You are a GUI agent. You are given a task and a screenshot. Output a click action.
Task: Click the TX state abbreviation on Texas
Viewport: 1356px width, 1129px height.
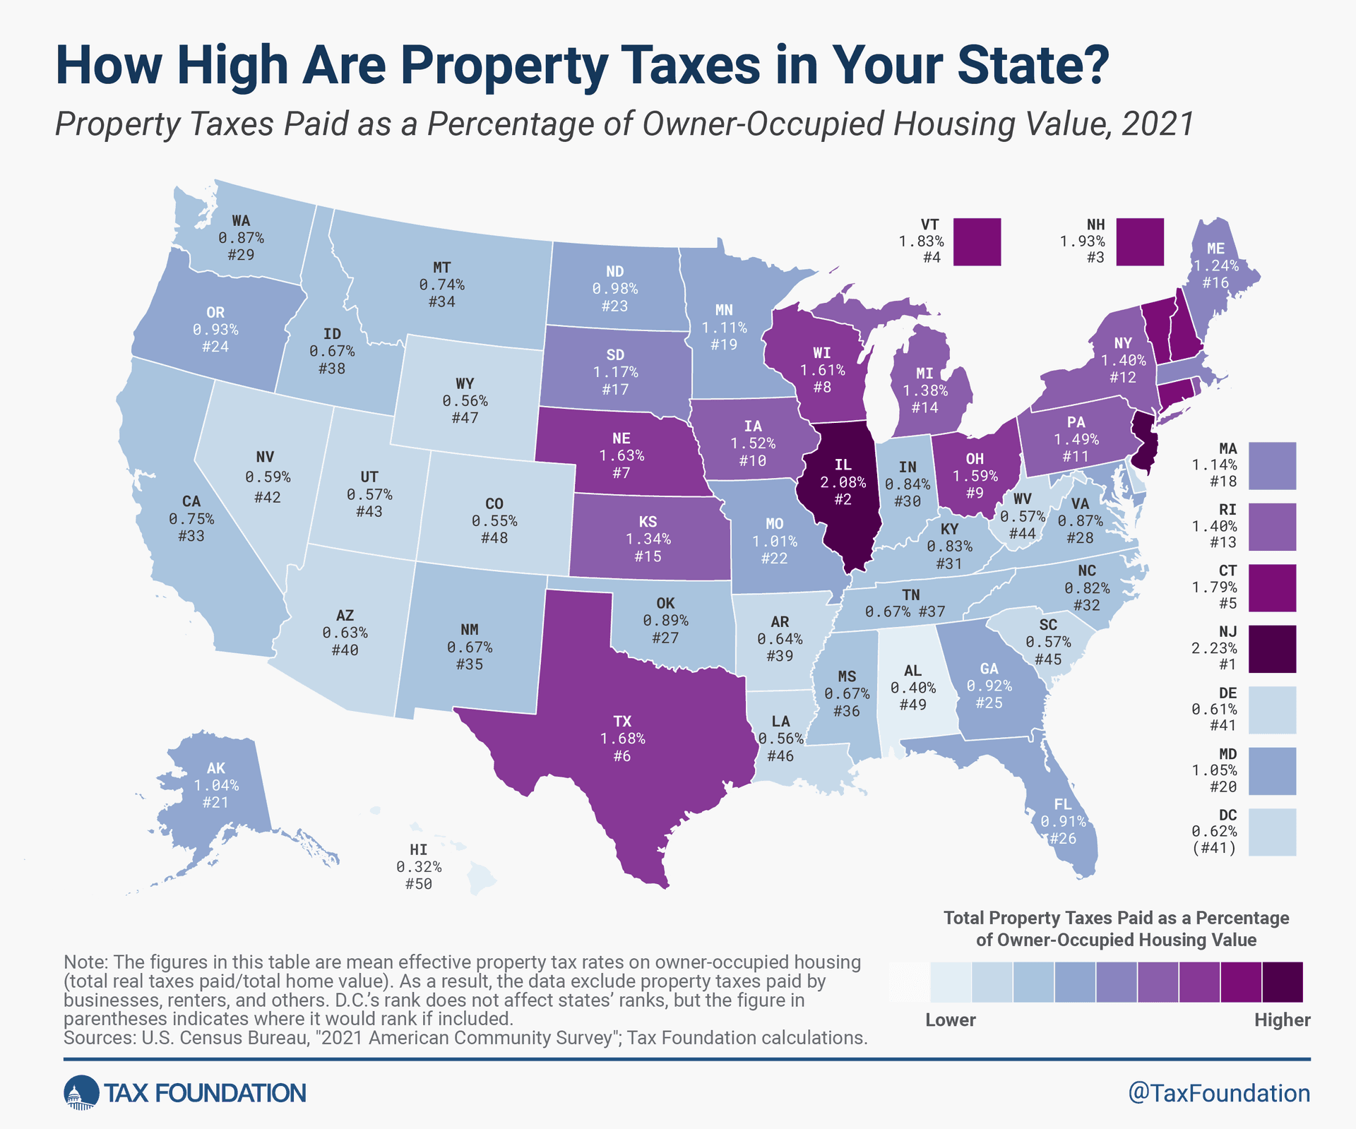point(621,722)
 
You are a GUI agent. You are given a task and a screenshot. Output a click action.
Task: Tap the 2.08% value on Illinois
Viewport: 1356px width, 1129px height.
point(843,483)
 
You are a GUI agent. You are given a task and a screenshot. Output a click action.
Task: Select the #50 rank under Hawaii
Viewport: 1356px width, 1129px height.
point(418,884)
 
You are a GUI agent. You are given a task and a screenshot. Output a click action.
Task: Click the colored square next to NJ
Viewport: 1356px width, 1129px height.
point(1272,648)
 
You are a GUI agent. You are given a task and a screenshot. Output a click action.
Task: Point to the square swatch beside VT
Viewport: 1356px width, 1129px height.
point(977,241)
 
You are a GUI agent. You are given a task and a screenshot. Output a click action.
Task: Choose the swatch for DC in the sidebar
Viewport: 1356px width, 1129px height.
point(1272,832)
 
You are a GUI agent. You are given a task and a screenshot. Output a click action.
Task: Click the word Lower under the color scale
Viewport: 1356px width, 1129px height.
point(950,1020)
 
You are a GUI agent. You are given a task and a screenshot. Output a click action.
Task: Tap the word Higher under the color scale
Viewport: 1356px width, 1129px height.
point(1282,1020)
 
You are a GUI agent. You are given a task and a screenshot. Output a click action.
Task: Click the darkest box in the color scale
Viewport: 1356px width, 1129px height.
point(1282,981)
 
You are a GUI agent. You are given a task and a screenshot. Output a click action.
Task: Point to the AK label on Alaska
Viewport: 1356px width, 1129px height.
point(216,768)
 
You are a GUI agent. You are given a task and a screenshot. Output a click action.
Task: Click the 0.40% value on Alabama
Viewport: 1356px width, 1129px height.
point(912,688)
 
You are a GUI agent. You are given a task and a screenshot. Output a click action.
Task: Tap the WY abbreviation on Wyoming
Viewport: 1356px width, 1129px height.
point(464,384)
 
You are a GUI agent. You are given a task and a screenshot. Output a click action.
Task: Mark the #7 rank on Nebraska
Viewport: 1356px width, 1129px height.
point(621,472)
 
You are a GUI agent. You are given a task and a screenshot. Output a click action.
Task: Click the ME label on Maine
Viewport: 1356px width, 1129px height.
point(1215,249)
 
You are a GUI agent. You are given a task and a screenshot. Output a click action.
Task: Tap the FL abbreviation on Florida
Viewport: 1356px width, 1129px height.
point(1062,805)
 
